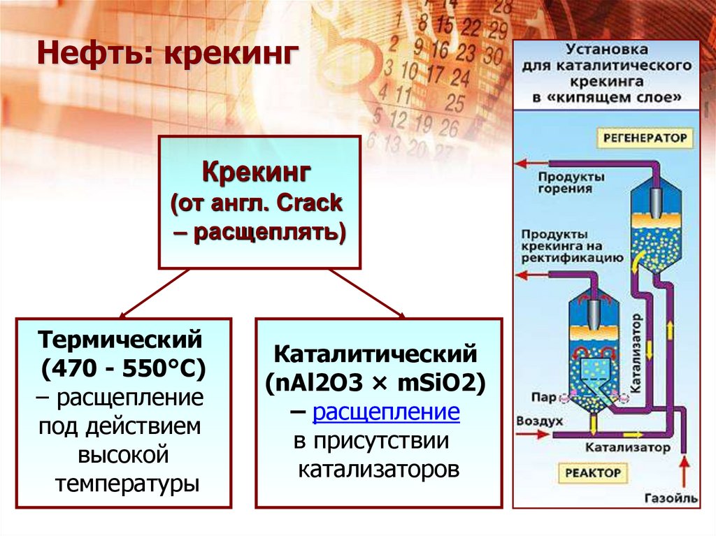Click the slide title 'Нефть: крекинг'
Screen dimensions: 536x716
coord(164,55)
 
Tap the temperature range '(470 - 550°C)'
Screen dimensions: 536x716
coord(123,368)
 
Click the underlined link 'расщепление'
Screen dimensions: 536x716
coord(386,413)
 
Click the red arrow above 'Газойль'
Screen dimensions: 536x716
coord(683,468)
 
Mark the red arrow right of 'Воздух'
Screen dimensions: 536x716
coord(538,434)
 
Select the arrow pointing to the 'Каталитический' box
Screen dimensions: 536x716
coord(400,314)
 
